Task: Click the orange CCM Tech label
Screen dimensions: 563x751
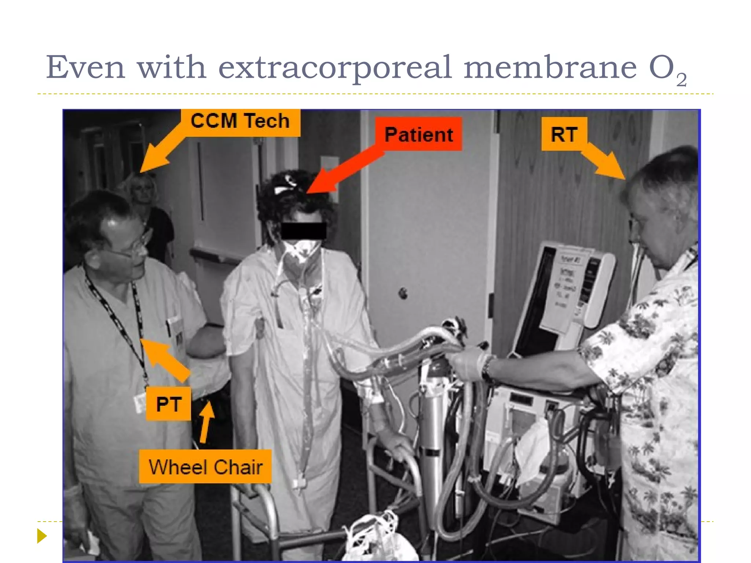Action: point(240,121)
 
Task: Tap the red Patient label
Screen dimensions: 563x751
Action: point(418,134)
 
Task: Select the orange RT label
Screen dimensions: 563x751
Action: point(564,134)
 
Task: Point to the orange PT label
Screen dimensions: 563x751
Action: point(168,404)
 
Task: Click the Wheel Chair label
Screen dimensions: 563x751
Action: point(205,467)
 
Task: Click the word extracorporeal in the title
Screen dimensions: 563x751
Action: point(334,67)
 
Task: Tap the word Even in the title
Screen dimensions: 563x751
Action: point(85,67)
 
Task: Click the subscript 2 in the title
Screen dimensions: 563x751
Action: point(681,80)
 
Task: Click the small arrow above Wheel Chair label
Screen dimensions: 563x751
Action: point(206,422)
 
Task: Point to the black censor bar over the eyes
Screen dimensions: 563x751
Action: point(303,231)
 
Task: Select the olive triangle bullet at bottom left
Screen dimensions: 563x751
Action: point(42,536)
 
